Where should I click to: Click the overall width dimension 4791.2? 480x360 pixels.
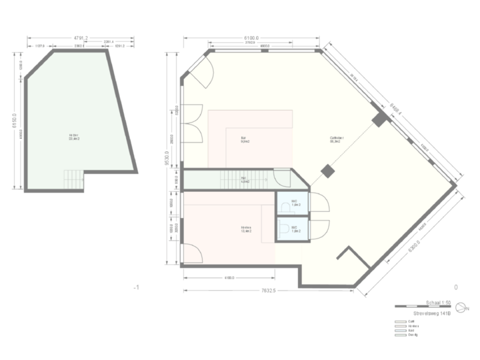(79, 39)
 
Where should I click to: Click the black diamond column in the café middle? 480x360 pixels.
(327, 171)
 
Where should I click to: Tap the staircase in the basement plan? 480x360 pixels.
(73, 179)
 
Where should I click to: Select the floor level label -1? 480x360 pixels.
(135, 288)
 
